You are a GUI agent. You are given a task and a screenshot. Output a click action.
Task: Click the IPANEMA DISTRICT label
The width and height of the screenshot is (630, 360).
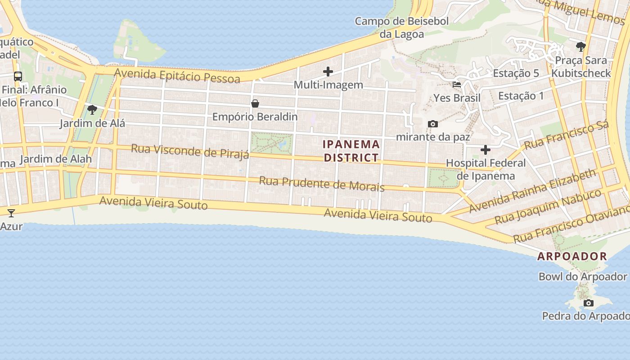tap(351, 151)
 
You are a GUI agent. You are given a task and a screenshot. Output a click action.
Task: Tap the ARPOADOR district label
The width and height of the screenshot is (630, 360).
tap(572, 256)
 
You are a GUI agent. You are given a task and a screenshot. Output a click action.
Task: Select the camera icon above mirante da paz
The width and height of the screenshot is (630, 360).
tap(432, 124)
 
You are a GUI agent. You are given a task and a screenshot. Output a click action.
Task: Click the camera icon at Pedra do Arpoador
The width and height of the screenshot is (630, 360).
tap(589, 303)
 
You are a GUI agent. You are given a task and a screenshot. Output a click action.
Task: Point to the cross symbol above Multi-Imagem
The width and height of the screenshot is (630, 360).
tap(328, 71)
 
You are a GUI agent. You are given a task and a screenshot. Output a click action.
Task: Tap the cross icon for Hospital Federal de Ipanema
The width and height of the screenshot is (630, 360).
tap(486, 149)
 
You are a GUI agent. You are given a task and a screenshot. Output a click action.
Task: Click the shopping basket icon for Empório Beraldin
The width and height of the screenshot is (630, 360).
tap(255, 103)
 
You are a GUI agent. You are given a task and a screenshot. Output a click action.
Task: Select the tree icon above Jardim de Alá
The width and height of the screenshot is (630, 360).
tap(92, 109)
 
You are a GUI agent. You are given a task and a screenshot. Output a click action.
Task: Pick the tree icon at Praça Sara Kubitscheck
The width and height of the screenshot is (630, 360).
tap(581, 46)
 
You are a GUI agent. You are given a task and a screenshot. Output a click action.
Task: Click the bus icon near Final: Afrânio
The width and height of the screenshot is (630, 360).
tap(18, 76)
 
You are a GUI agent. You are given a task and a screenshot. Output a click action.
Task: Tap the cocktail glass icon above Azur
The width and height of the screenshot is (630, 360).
tap(11, 213)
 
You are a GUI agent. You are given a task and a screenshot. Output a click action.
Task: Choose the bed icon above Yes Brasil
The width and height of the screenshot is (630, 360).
tap(457, 84)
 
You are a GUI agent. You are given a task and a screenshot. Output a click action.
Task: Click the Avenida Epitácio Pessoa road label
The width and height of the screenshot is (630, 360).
tap(177, 75)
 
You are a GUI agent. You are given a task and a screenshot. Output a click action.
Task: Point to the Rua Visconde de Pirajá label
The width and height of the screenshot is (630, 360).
tap(189, 151)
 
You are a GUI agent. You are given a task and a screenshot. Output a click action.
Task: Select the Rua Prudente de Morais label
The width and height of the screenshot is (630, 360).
tap(321, 184)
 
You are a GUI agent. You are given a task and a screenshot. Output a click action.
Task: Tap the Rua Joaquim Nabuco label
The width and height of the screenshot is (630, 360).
tap(548, 206)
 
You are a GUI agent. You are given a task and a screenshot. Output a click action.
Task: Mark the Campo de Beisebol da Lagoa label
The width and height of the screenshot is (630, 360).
tap(402, 27)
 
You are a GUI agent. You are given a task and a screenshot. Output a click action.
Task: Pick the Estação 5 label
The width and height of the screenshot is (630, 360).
tap(516, 73)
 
